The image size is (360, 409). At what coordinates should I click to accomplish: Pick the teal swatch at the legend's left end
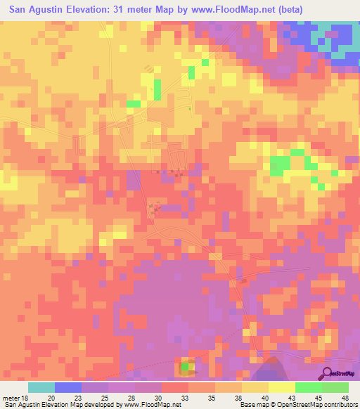(x=41, y=387)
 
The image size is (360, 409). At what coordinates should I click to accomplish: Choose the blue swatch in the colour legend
(x=68, y=387)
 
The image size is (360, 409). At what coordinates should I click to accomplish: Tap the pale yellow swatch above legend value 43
(x=282, y=387)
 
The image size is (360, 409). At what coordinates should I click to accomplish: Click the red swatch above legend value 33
(x=175, y=387)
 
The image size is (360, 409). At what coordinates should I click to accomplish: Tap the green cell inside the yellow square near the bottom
(x=185, y=366)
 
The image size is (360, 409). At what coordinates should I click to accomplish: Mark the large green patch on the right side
(x=280, y=166)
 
